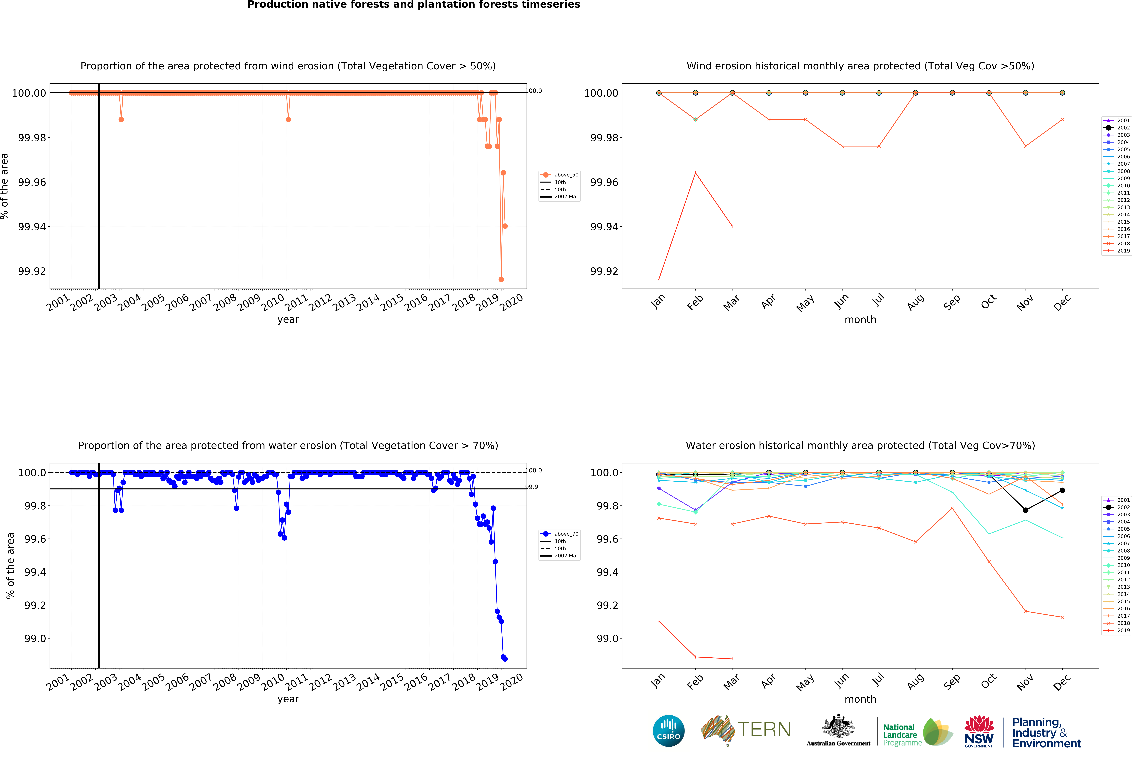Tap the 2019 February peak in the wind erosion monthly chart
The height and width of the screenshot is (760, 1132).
click(x=695, y=173)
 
